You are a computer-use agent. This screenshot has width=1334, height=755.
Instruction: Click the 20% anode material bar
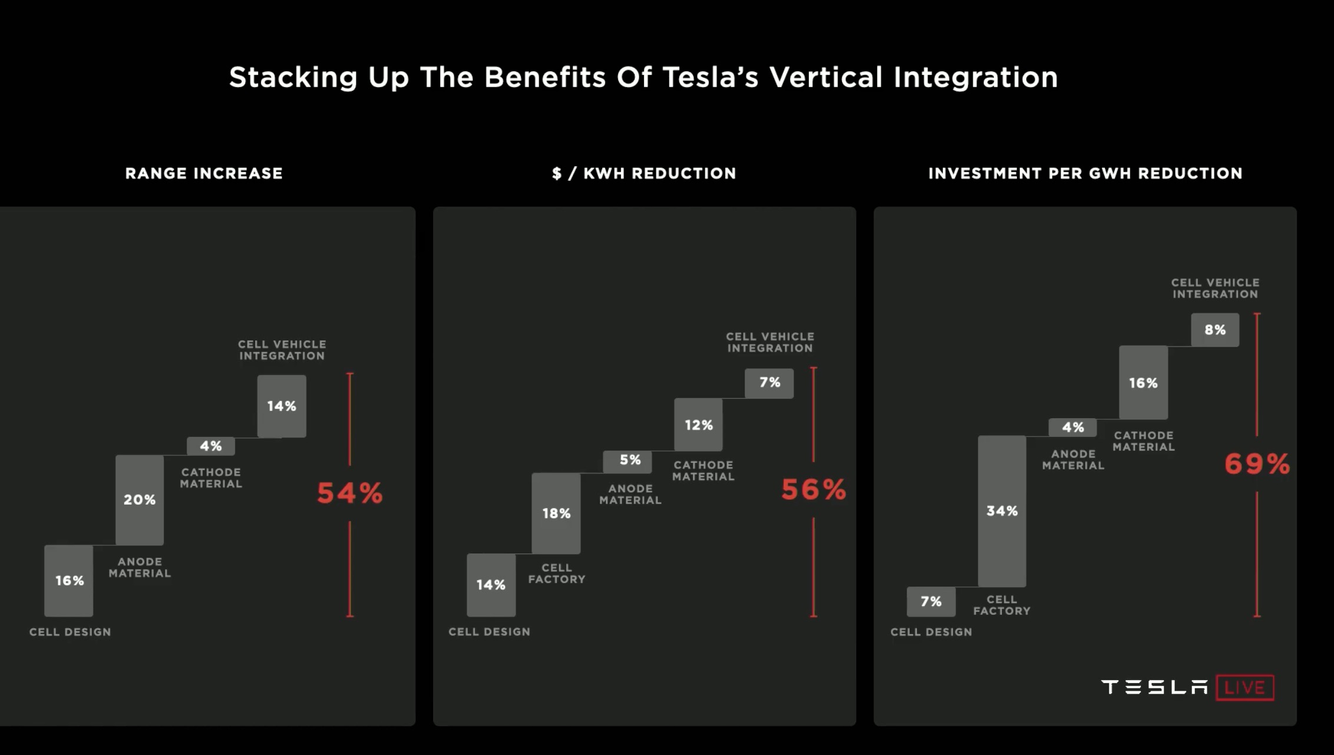pyautogui.click(x=140, y=499)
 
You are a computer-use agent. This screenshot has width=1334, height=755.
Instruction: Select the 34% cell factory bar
pyautogui.click(x=1002, y=511)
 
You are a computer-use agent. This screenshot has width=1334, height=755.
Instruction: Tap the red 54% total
pyautogui.click(x=350, y=494)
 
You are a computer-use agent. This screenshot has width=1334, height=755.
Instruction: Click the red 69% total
pyautogui.click(x=1257, y=464)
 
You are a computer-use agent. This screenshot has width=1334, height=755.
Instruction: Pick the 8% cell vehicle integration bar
pyautogui.click(x=1214, y=330)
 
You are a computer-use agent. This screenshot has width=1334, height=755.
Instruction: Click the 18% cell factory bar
pyautogui.click(x=556, y=513)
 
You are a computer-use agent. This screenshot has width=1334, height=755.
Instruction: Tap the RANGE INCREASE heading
pyautogui.click(x=204, y=173)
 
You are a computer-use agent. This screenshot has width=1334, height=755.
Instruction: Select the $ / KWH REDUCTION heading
pyautogui.click(x=644, y=173)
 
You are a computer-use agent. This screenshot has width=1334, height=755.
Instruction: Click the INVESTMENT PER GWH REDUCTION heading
pyautogui.click(x=1085, y=173)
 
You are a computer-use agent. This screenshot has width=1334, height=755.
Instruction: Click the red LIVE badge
pyautogui.click(x=1244, y=688)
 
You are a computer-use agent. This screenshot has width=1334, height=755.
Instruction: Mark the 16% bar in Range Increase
pyautogui.click(x=69, y=581)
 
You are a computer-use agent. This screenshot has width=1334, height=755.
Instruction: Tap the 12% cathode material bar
pyautogui.click(x=698, y=425)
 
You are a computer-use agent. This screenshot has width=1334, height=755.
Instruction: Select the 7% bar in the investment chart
pyautogui.click(x=931, y=601)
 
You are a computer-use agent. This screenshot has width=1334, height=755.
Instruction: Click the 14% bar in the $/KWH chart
pyautogui.click(x=491, y=585)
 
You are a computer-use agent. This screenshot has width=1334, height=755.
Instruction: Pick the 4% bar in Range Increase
pyautogui.click(x=210, y=446)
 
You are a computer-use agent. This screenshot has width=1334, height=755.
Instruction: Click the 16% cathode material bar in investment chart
pyautogui.click(x=1143, y=383)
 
